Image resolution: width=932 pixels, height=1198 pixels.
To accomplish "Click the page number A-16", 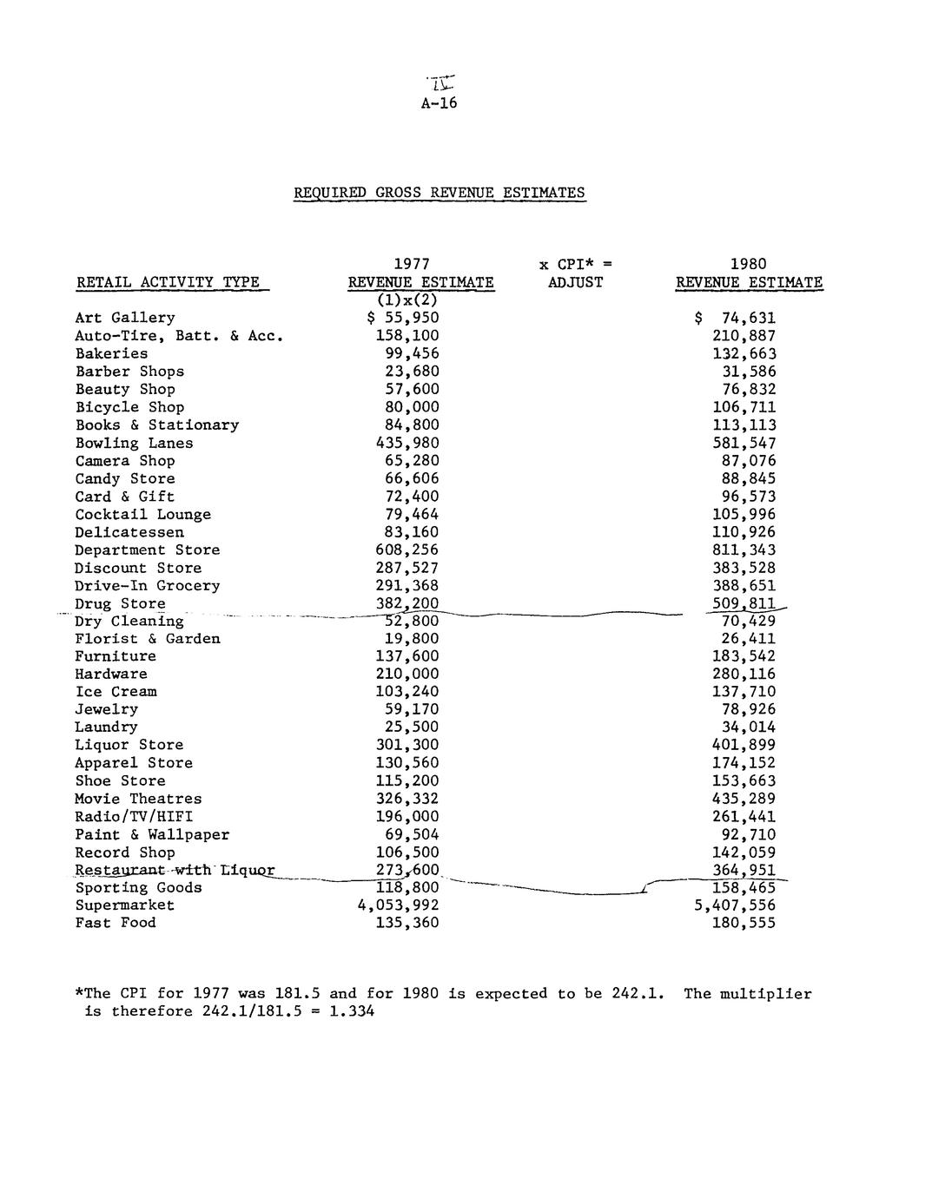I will [439, 103].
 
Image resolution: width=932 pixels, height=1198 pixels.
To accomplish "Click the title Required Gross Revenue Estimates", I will [439, 193].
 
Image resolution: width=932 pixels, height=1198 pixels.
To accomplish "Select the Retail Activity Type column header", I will [168, 282].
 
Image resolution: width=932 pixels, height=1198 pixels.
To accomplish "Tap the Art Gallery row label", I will [125, 318].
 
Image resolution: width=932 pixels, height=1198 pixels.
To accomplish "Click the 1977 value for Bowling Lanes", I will [407, 443].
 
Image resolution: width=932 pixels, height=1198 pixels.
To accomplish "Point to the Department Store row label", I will [147, 550].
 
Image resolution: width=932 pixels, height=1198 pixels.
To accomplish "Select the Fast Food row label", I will [116, 922].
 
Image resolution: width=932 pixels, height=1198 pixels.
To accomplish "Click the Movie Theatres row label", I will [138, 799].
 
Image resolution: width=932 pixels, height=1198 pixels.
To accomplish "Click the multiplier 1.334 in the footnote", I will [352, 1011].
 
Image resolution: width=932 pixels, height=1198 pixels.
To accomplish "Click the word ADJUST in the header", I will [575, 282].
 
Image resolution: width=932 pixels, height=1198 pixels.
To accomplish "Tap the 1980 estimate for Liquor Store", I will [744, 745].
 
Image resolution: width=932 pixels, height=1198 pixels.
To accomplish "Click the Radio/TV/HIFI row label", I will [134, 816].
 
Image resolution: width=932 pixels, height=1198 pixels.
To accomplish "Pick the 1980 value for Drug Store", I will [744, 603].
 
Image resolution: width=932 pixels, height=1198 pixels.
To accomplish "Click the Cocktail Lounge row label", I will [142, 514].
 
